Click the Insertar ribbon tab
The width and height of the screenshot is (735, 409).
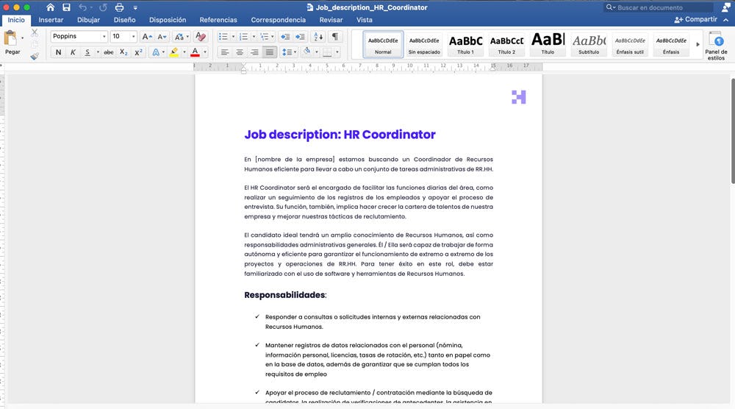[51, 20]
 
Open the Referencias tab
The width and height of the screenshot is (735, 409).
[218, 20]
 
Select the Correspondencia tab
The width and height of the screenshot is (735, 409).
[278, 20]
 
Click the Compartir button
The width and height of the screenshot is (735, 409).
[695, 19]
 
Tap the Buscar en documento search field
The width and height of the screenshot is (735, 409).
[661, 7]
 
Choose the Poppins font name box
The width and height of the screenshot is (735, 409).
[76, 36]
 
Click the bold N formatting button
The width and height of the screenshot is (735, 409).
[58, 52]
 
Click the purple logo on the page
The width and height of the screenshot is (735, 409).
[519, 97]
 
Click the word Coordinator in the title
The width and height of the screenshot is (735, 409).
[399, 135]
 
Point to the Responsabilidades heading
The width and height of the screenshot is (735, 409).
[284, 295]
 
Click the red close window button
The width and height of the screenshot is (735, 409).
[7, 7]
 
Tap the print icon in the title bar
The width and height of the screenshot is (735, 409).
[119, 7]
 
